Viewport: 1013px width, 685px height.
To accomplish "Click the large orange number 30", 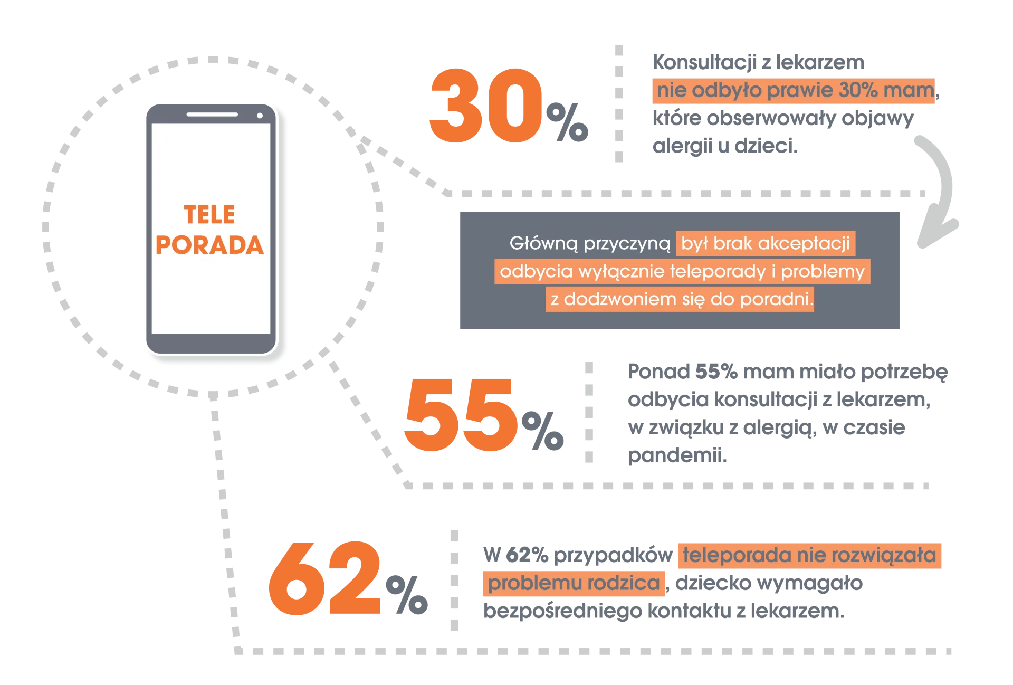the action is click(x=486, y=106).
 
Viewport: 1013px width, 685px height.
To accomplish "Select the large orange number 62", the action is click(x=324, y=578).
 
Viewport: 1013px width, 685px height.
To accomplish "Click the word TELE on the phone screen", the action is click(x=209, y=215).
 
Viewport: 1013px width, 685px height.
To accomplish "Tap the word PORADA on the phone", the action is click(x=209, y=245).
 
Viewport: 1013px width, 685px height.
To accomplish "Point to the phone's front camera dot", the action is click(x=260, y=115).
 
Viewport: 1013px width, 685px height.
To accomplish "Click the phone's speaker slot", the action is click(x=212, y=114).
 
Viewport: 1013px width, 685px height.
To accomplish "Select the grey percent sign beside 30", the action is click(x=567, y=122).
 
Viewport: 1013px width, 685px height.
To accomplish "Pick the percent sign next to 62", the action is click(x=407, y=594).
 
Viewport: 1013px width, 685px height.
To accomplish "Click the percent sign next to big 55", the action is click(x=543, y=430).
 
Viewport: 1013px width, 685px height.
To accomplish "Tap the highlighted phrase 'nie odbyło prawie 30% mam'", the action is click(x=794, y=91).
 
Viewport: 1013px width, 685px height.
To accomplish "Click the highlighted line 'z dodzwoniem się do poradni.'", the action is click(x=680, y=299).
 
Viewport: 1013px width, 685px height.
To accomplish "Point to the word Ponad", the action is click(x=658, y=372).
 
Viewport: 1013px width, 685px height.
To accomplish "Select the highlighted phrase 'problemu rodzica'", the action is click(x=574, y=584).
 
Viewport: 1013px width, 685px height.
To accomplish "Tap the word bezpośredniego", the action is click(x=562, y=612).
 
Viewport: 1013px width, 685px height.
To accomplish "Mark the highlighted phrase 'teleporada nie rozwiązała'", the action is click(x=810, y=556).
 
